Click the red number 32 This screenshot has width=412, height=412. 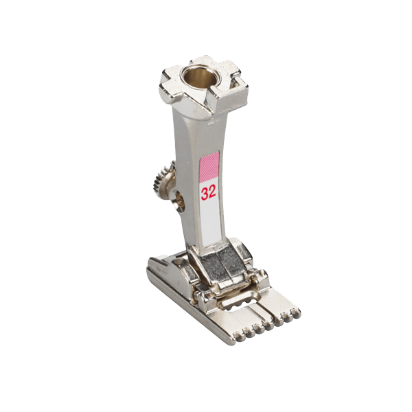[209, 192]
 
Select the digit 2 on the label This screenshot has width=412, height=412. [212, 192]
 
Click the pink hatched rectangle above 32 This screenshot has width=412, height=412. [209, 168]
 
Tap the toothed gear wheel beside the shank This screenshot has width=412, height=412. [162, 179]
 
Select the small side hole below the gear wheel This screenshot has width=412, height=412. [180, 201]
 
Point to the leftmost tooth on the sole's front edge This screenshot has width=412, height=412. [236, 336]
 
